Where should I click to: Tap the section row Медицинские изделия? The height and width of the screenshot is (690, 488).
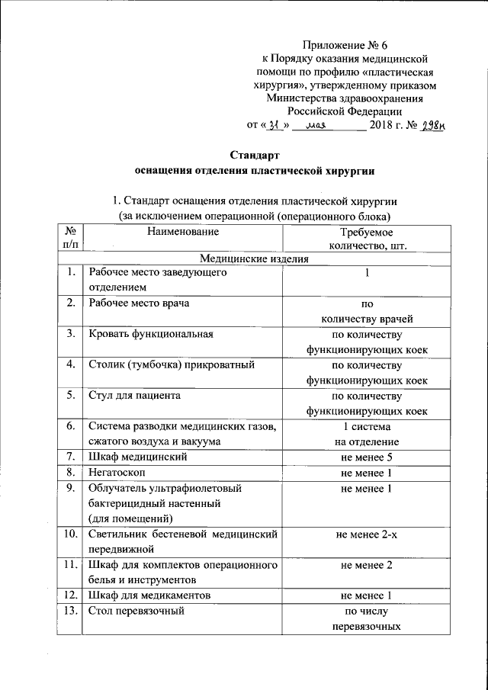pyautogui.click(x=254, y=258)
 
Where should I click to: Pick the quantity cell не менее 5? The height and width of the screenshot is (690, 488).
pyautogui.click(x=367, y=457)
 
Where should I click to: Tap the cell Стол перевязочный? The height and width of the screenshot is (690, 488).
pyautogui.click(x=137, y=611)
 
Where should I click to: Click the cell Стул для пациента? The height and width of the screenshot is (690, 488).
pyautogui.click(x=134, y=395)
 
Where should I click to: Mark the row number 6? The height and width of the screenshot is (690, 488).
pyautogui.click(x=70, y=425)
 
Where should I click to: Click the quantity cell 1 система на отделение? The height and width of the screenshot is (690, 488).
pyautogui.click(x=367, y=433)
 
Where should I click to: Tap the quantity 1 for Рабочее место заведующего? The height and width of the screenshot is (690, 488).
pyautogui.click(x=367, y=272)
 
